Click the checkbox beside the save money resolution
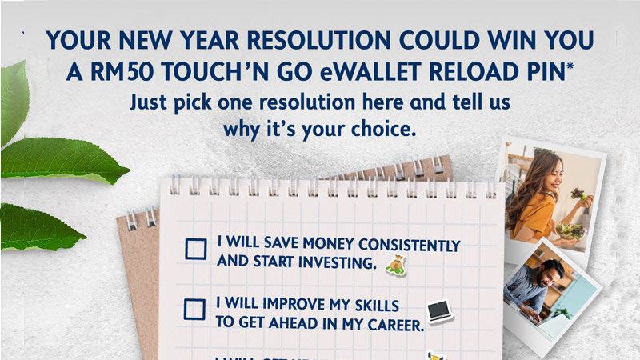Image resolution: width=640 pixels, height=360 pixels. click(x=195, y=249)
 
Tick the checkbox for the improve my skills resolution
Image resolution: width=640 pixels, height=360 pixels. click(x=194, y=309)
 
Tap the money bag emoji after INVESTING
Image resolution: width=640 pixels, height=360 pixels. click(x=394, y=265)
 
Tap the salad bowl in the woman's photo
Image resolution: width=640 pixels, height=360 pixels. click(x=570, y=231)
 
